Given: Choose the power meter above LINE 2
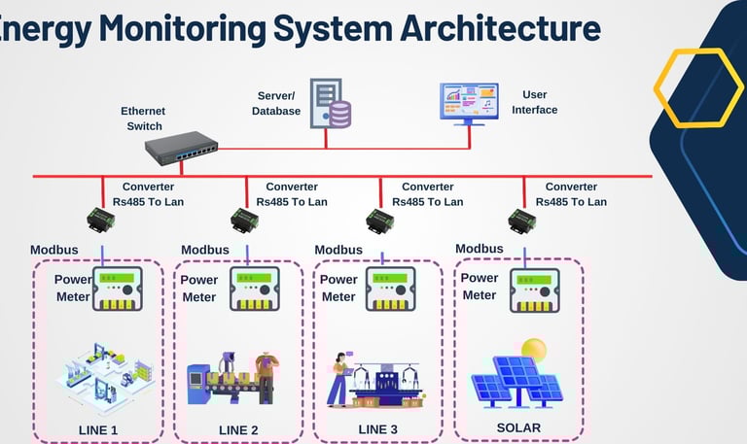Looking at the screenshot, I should pos(255,288).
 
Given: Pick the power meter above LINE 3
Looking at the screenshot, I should pos(394,288).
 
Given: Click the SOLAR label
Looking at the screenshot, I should pos(517,427).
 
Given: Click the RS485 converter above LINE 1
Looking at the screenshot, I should pos(101,220).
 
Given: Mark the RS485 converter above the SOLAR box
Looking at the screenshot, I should pos(522,220).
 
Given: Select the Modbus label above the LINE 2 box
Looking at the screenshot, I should pos(205,250).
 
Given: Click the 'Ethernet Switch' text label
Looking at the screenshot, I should pos(142,119).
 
